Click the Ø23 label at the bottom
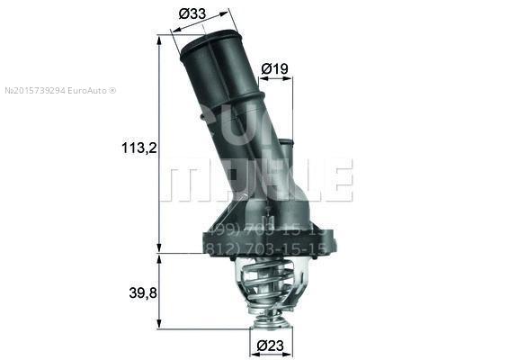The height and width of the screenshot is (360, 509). point(269,344)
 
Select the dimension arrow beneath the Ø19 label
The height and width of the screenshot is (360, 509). point(275,78)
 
